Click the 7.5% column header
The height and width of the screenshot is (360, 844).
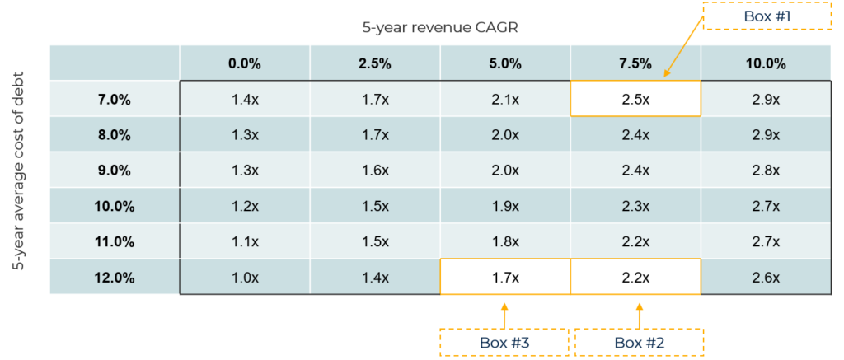(x=635, y=63)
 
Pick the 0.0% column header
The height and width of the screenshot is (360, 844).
(x=245, y=63)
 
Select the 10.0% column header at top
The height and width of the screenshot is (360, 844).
(x=766, y=63)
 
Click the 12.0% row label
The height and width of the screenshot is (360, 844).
(x=115, y=278)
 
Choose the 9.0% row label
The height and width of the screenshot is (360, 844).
(x=115, y=171)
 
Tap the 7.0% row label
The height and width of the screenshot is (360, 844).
(x=115, y=100)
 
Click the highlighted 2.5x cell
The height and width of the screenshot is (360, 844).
(x=635, y=100)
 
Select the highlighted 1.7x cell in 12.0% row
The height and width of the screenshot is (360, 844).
(x=505, y=278)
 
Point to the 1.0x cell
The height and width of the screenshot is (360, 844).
(x=245, y=278)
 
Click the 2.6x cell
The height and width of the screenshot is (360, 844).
(x=766, y=278)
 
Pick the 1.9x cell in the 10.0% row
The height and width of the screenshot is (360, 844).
(x=505, y=206)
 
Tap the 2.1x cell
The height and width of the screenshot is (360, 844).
(x=505, y=100)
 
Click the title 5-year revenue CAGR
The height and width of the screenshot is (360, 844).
(x=440, y=26)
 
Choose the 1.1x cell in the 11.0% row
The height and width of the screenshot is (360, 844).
(x=245, y=242)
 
